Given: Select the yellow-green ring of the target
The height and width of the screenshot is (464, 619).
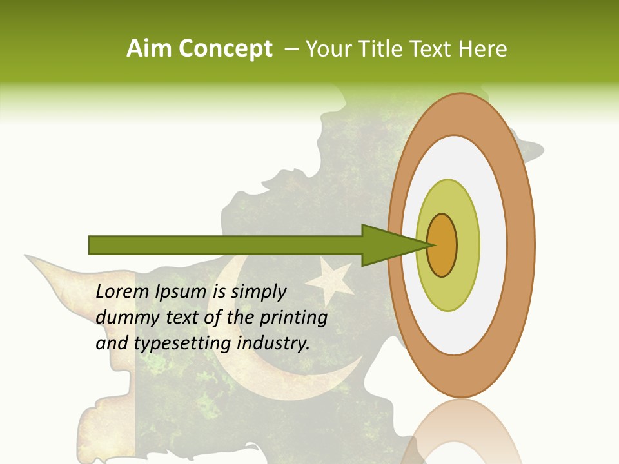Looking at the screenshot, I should pos(448,290).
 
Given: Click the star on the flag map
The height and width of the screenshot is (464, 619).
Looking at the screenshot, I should pos(329,280).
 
